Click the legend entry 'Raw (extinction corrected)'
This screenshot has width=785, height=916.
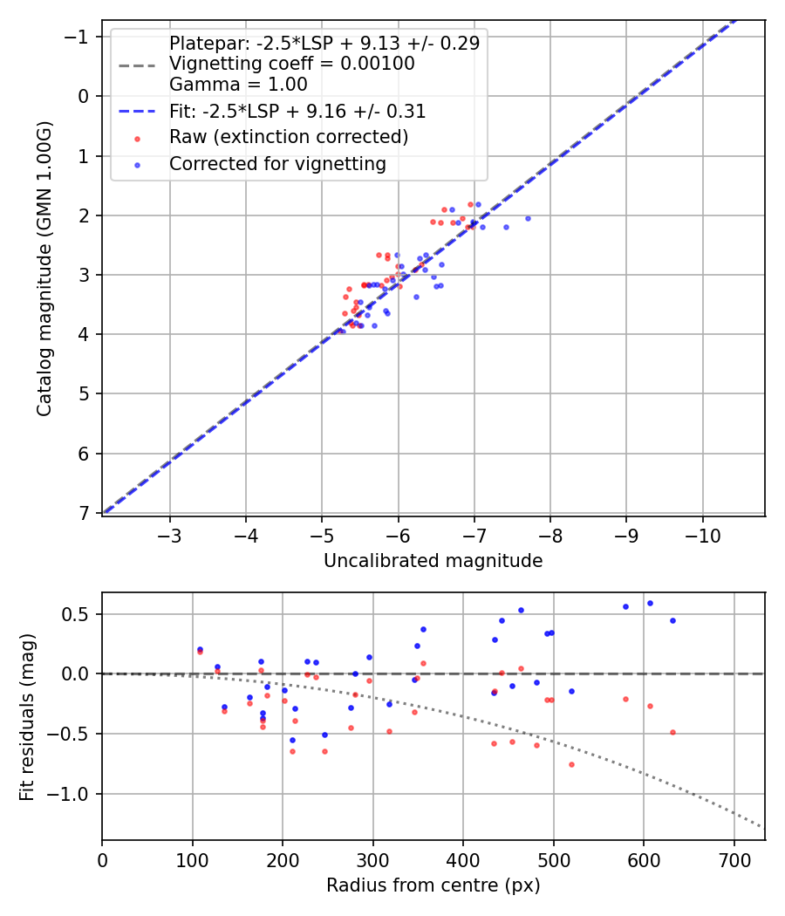(x=288, y=137)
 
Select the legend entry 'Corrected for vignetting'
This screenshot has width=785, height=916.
(x=277, y=163)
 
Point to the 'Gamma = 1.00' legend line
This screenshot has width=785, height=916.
(x=238, y=85)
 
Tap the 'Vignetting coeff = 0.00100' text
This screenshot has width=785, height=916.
(x=291, y=64)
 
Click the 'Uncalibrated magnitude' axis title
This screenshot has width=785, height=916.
(x=433, y=561)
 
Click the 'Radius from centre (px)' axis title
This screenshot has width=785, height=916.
(x=433, y=885)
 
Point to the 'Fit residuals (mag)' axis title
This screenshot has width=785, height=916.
(x=26, y=716)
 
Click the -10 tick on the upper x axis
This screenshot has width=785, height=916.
(x=703, y=535)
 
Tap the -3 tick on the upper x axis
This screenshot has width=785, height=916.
(x=170, y=535)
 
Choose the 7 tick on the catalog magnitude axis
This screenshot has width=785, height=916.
(x=85, y=513)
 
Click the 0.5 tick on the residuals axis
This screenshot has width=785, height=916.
(x=80, y=614)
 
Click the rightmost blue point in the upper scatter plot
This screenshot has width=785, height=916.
(x=528, y=218)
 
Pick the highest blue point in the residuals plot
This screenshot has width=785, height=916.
(x=650, y=603)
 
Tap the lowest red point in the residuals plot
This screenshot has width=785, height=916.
(x=571, y=764)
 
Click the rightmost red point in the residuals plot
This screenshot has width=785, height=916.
(x=672, y=732)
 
